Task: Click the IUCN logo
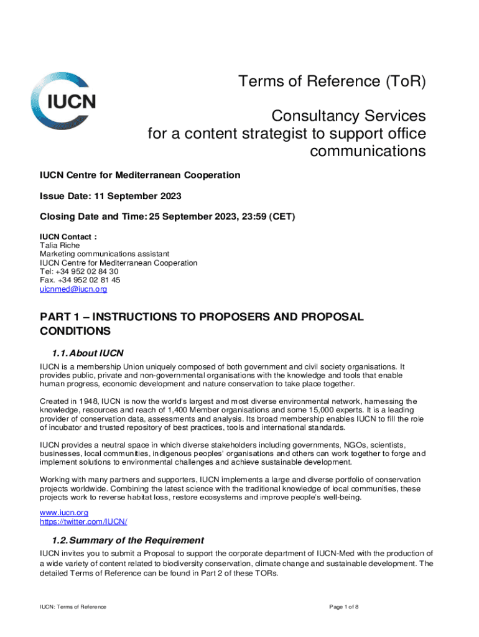click(63, 101)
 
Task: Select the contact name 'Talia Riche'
click(60, 245)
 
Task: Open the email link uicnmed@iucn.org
click(73, 289)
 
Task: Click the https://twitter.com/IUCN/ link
click(83, 521)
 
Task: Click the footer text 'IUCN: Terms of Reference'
click(73, 607)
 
